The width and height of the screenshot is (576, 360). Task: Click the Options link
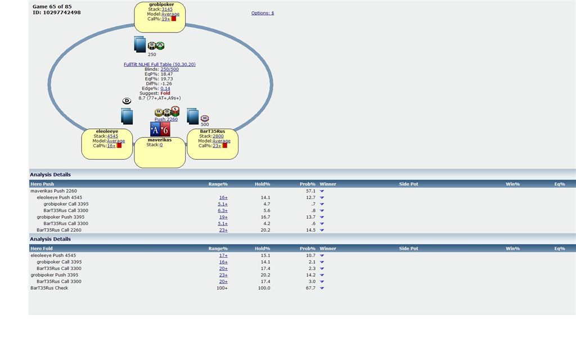(x=262, y=13)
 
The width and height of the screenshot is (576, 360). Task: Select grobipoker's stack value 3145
(x=167, y=9)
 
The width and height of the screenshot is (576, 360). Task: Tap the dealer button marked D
(x=127, y=101)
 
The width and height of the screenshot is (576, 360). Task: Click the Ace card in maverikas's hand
(x=156, y=129)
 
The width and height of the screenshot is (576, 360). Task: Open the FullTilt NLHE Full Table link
(x=159, y=65)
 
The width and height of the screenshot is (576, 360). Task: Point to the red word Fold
(x=165, y=93)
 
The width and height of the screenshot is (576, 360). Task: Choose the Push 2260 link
(x=166, y=119)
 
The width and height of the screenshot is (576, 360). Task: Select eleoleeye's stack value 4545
(x=112, y=136)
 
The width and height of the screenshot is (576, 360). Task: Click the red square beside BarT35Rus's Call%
(x=224, y=145)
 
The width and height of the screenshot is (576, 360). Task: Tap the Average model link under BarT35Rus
(x=221, y=141)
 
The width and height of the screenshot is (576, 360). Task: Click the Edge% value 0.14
(x=165, y=88)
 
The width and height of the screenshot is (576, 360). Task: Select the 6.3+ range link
(x=223, y=210)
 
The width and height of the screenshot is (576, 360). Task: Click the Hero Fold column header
(x=42, y=249)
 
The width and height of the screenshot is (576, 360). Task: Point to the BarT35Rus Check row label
(x=49, y=288)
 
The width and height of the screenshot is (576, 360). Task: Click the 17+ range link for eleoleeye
(x=223, y=255)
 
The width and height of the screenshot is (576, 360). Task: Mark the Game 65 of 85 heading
(x=52, y=7)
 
